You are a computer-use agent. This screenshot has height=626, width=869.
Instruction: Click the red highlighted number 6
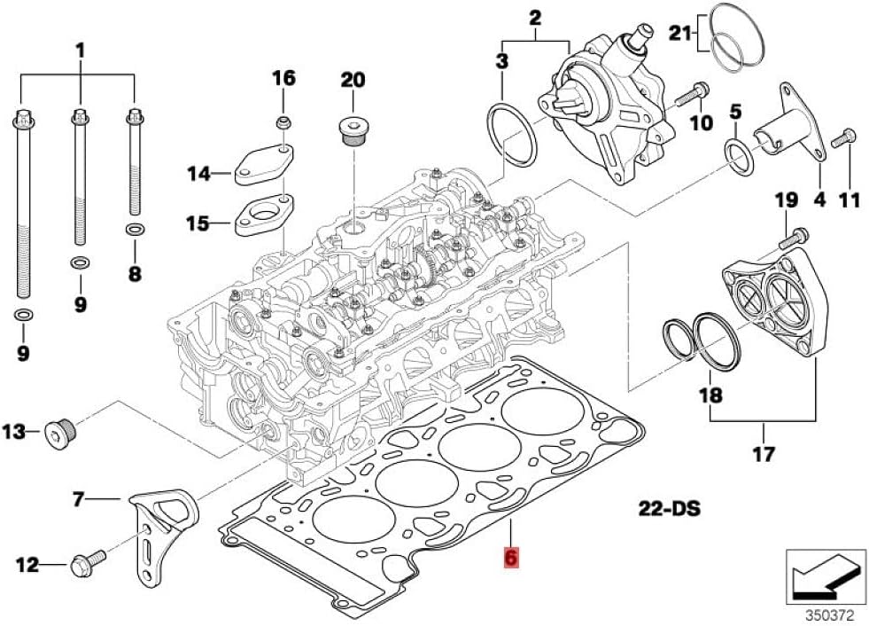click(x=510, y=557)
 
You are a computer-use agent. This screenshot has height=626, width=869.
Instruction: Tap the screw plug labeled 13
click(x=60, y=433)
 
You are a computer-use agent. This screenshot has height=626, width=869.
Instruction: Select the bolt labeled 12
click(x=88, y=563)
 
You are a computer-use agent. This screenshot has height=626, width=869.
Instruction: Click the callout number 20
click(x=353, y=80)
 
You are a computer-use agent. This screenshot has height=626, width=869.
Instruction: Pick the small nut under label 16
click(x=283, y=122)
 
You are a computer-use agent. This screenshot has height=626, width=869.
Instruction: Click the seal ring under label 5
click(x=740, y=158)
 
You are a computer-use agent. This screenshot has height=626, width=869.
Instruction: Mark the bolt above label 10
click(x=692, y=97)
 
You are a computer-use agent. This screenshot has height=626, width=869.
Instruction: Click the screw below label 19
click(x=794, y=239)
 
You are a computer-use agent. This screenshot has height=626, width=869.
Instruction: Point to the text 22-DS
click(x=670, y=508)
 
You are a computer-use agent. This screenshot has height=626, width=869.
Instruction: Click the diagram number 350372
click(x=831, y=614)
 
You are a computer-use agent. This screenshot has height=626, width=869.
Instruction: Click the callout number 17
click(x=764, y=454)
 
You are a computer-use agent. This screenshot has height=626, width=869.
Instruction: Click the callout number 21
click(x=680, y=34)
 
